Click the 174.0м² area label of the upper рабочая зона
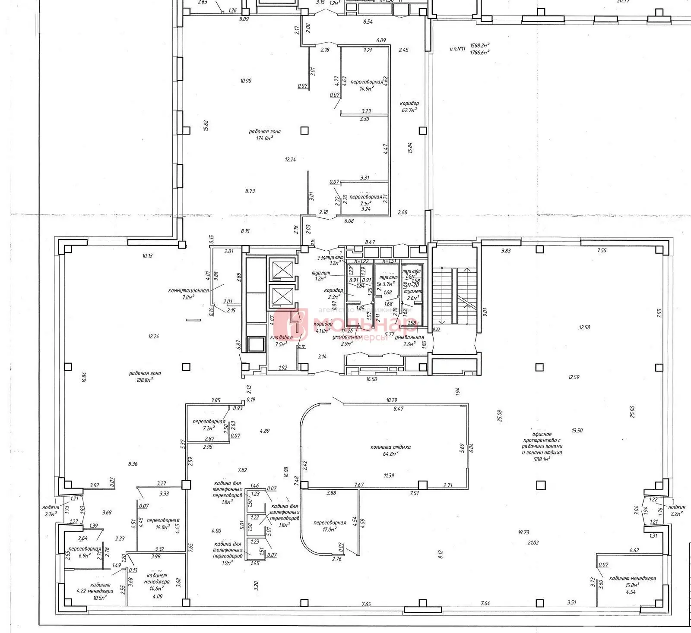(265, 138)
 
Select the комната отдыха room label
(384, 447)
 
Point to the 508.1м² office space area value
(542, 460)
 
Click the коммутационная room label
(188, 290)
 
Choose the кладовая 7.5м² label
(281, 341)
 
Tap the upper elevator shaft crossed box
(281, 270)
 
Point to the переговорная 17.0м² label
(330, 526)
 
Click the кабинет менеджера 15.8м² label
(632, 582)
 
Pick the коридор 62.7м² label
(409, 107)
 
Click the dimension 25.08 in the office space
(500, 416)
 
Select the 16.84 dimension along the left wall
(85, 378)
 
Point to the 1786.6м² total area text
(479, 52)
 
